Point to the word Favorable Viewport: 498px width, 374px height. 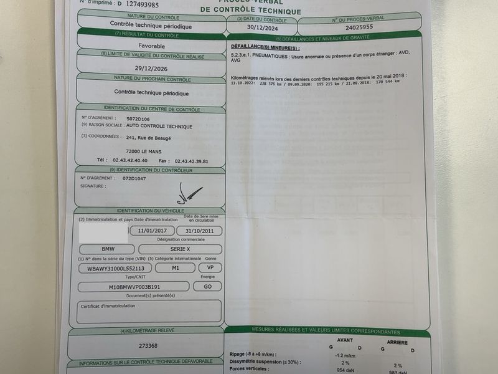coord(151,46)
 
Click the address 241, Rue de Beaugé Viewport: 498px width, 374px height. coord(149,138)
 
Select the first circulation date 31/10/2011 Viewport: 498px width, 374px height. coord(199,231)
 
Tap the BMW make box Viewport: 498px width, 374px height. coord(108,249)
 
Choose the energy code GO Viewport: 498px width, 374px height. coord(207,286)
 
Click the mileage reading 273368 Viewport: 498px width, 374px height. coord(148,345)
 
